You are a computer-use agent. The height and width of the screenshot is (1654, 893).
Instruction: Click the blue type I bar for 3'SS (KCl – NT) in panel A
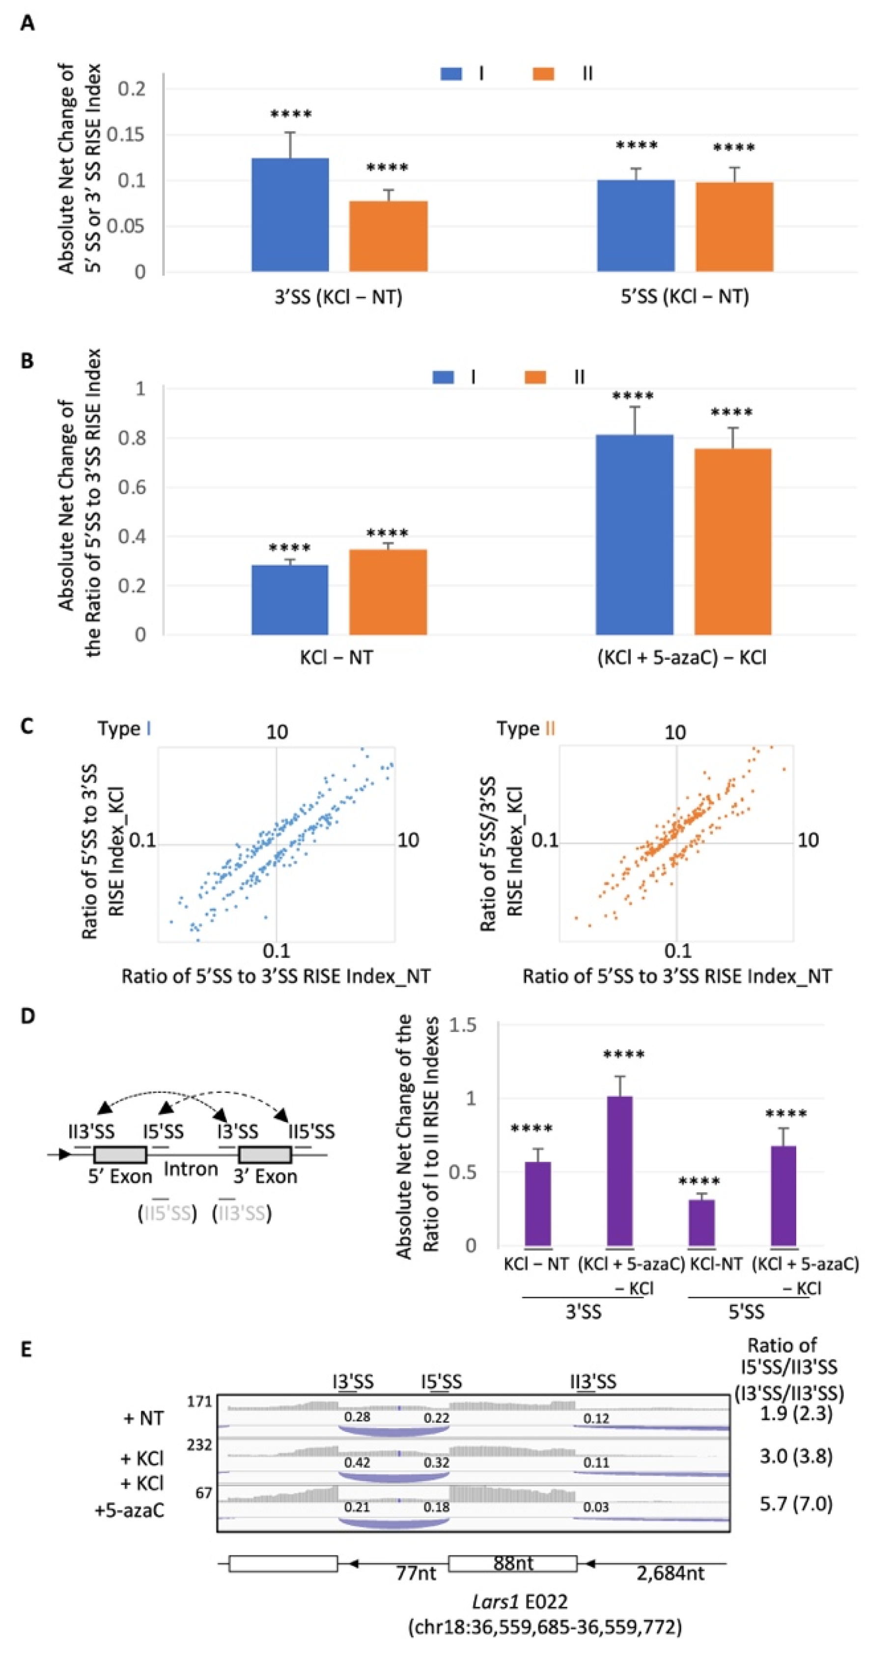tap(290, 215)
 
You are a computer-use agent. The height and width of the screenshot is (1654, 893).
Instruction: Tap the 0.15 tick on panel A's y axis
tap(125, 135)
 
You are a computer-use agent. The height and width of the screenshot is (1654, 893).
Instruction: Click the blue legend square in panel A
tap(451, 74)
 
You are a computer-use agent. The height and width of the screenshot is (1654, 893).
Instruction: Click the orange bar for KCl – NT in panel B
tap(388, 591)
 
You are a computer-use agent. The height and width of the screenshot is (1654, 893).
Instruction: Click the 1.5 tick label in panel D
tap(462, 1025)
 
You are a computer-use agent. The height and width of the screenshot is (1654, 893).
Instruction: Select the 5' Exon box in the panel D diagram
tap(120, 1154)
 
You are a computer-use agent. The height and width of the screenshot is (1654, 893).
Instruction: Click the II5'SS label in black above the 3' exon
tap(311, 1131)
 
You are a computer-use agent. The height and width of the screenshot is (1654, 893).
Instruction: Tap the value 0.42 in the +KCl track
tap(357, 1462)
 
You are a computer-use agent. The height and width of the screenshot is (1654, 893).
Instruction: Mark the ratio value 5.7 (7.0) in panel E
tap(796, 1504)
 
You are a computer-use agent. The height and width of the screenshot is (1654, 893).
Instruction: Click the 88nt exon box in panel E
tap(512, 1564)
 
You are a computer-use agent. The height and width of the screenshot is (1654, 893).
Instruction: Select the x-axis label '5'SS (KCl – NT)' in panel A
tap(684, 297)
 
